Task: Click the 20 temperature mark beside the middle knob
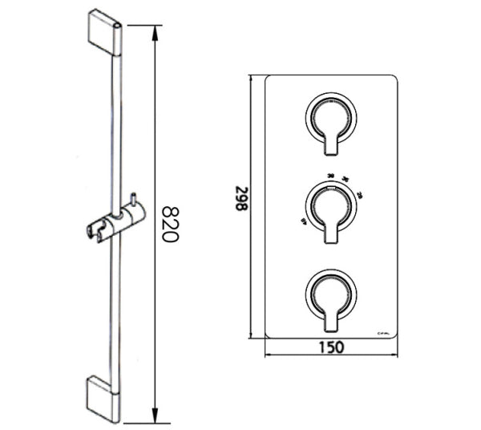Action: (x=360, y=195)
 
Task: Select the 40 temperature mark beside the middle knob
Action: (x=304, y=221)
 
